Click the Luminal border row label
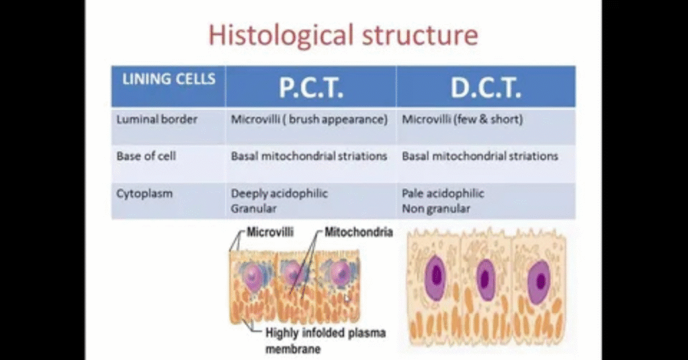point(157,120)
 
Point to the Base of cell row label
point(146,156)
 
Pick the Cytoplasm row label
point(144,194)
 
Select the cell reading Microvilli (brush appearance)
point(309,120)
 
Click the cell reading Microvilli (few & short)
point(462,120)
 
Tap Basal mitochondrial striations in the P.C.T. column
point(309,156)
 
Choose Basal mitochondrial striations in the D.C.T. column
point(480,156)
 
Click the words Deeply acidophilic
point(279,193)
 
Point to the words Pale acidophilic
point(443,193)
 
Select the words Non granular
point(435,209)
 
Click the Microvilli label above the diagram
point(270,232)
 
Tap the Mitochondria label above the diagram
point(359,232)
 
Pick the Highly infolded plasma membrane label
point(326,341)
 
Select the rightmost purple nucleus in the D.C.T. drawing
point(539,280)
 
